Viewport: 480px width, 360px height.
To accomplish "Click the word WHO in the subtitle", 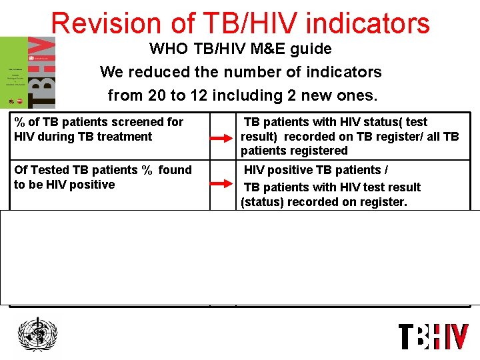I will point(166,49).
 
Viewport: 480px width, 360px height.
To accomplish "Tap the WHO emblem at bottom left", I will point(37,335).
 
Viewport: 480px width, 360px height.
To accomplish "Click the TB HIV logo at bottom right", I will point(433,336).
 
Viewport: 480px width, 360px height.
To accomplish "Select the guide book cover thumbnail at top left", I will point(28,72).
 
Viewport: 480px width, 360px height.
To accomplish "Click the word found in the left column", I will point(176,170).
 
